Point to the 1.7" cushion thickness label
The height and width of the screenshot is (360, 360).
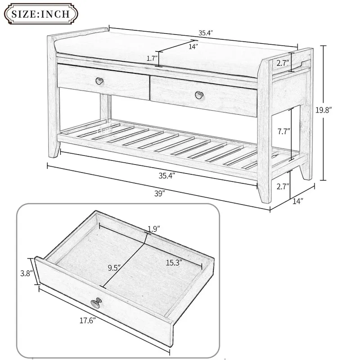[x=152, y=58]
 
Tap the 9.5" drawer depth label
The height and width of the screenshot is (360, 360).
[x=114, y=268]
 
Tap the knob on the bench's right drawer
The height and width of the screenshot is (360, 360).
[x=198, y=94]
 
